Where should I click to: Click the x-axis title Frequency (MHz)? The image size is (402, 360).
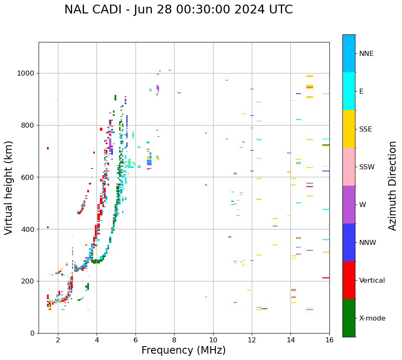pyautogui.click(x=183, y=350)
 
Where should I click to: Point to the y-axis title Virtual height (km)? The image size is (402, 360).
pyautogui.click(x=9, y=188)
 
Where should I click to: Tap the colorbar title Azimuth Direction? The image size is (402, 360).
pyautogui.click(x=392, y=186)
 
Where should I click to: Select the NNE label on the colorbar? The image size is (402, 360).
pyautogui.click(x=366, y=54)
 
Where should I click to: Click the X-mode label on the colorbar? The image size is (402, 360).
pyautogui.click(x=372, y=318)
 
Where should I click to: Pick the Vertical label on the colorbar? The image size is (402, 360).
pyautogui.click(x=372, y=281)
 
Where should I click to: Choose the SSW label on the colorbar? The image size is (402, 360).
pyautogui.click(x=367, y=167)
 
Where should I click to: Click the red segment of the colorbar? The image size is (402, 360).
pyautogui.click(x=349, y=280)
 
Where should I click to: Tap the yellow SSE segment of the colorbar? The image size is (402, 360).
pyautogui.click(x=349, y=129)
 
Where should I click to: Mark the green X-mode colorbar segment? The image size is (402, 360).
pyautogui.click(x=349, y=318)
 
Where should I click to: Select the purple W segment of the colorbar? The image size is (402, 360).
pyautogui.click(x=349, y=205)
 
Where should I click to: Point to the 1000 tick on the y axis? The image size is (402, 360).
pyautogui.click(x=26, y=74)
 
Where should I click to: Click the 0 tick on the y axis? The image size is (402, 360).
pyautogui.click(x=32, y=333)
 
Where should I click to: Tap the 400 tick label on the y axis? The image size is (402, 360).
pyautogui.click(x=28, y=229)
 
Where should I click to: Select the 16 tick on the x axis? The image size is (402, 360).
pyautogui.click(x=329, y=340)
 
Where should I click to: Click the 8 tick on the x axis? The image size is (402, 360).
pyautogui.click(x=174, y=340)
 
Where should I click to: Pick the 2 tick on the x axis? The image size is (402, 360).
pyautogui.click(x=58, y=340)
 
